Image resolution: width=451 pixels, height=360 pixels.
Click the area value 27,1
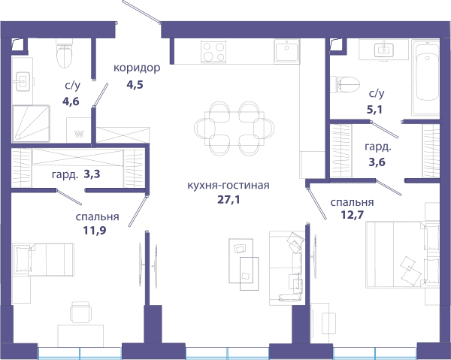[229, 199]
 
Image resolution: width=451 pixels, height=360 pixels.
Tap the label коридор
[137, 68]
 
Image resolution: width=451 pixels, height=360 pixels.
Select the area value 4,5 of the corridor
[135, 85]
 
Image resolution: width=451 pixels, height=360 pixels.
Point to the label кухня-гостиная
[229, 185]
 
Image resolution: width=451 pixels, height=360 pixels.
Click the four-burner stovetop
[213, 52]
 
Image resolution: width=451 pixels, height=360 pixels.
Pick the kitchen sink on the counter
[287, 51]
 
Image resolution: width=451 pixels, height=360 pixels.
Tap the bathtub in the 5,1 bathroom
[425, 77]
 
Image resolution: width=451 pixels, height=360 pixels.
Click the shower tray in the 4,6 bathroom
[31, 124]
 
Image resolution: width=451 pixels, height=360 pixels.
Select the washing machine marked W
[79, 130]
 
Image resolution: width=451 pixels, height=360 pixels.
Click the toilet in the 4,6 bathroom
[64, 54]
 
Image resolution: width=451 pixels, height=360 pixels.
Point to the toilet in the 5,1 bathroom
[345, 85]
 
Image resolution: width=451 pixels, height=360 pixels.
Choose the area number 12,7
[353, 214]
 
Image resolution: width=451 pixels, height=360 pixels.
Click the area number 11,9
[95, 230]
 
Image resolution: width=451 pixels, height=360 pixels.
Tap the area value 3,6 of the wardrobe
[377, 162]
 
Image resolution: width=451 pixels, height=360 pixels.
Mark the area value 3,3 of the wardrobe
[92, 174]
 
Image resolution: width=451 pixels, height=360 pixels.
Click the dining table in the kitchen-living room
[234, 129]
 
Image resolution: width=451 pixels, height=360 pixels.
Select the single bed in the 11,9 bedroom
[43, 259]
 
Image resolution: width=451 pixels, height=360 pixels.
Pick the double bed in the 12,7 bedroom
[403, 254]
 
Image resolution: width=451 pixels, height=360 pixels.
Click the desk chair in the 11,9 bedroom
[80, 312]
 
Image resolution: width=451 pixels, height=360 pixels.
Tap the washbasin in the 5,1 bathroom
[384, 50]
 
